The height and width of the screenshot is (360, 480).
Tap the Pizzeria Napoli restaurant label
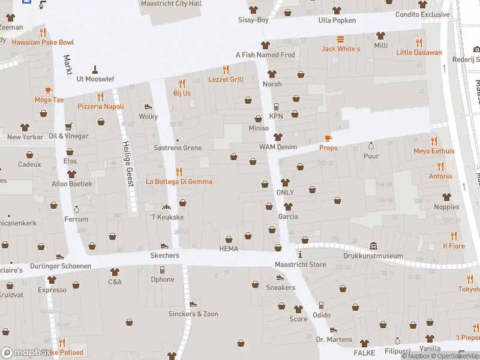click(x=101, y=106)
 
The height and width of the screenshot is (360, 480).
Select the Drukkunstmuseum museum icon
click(x=373, y=246)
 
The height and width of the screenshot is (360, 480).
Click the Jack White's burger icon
click(x=341, y=39)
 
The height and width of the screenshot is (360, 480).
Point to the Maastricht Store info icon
click(x=300, y=254)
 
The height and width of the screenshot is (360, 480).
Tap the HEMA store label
click(x=229, y=249)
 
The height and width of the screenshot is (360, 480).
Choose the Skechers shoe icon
click(x=164, y=246)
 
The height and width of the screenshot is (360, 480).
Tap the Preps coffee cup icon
click(x=328, y=138)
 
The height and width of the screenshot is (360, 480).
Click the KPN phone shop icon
click(x=276, y=107)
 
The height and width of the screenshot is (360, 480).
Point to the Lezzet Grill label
click(x=226, y=79)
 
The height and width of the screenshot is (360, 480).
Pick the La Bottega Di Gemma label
click(x=179, y=181)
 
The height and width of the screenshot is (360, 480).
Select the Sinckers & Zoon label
click(x=193, y=314)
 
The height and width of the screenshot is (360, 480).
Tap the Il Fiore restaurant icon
click(x=454, y=236)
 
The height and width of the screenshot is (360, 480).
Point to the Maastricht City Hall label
click(x=171, y=4)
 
